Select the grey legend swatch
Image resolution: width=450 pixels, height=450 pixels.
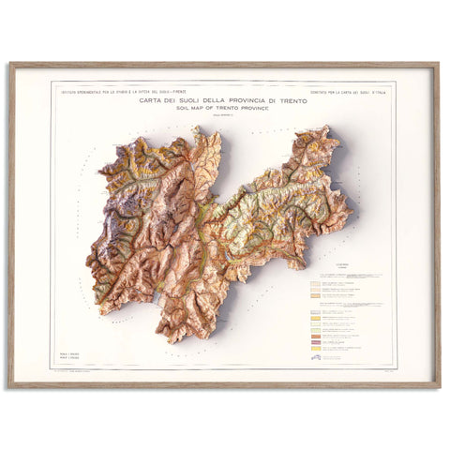316,350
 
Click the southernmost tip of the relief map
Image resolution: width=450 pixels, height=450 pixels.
184,340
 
